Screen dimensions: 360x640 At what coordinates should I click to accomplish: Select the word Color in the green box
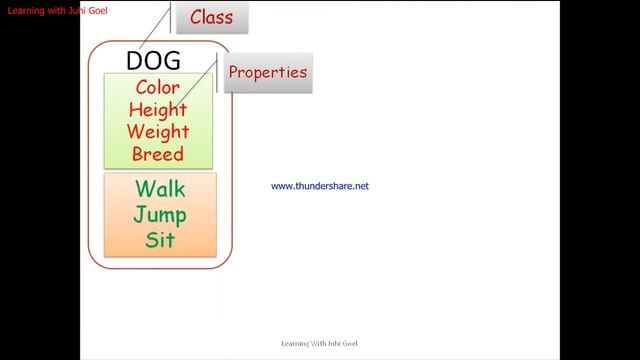click(158, 87)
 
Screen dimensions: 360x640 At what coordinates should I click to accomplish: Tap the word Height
click(158, 109)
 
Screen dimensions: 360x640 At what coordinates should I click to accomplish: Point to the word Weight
click(158, 131)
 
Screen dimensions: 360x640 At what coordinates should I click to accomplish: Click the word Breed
click(158, 153)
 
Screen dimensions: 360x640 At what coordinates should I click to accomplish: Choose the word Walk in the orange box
click(160, 188)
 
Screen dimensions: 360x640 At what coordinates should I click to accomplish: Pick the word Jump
click(160, 214)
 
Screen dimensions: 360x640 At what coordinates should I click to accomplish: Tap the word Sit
click(160, 240)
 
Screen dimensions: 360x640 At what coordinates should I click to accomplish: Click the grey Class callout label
click(211, 18)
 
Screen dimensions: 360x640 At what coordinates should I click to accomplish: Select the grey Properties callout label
click(266, 73)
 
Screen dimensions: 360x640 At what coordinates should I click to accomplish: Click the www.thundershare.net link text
click(320, 186)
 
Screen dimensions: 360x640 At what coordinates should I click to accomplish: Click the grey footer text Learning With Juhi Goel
click(320, 343)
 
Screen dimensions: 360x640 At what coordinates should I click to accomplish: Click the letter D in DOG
click(135, 60)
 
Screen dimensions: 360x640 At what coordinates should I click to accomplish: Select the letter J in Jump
click(139, 214)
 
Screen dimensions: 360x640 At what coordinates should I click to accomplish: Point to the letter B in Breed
click(138, 153)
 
